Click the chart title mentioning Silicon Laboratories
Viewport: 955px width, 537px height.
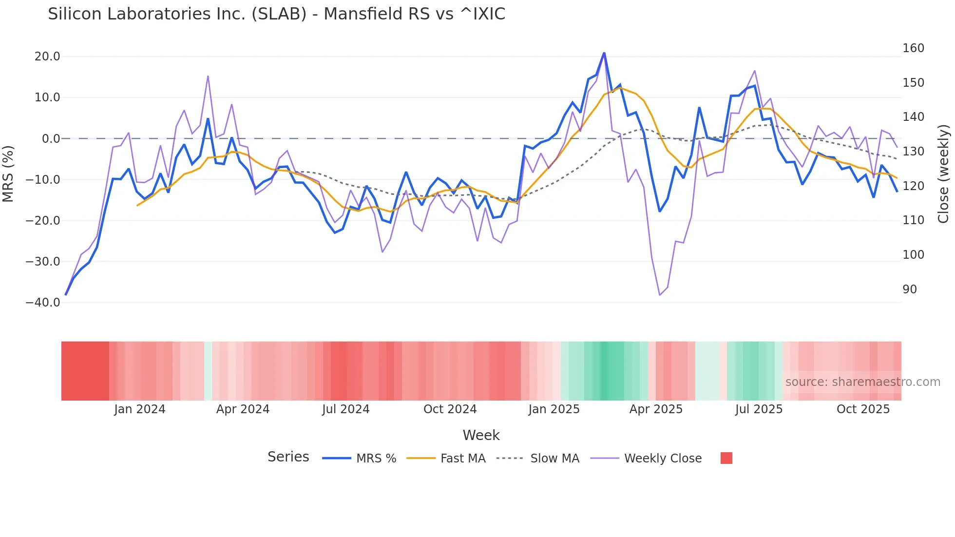pos(276,14)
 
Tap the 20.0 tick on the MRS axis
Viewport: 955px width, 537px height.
pos(47,57)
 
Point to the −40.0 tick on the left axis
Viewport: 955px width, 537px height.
pos(43,303)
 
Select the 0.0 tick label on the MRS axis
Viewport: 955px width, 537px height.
pos(51,139)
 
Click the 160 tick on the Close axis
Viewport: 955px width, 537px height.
pos(913,48)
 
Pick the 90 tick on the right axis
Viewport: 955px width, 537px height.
pos(910,289)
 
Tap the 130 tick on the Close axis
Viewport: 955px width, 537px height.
pos(913,152)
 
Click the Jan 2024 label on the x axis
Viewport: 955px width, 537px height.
pos(140,409)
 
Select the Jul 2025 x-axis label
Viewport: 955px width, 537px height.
pos(759,409)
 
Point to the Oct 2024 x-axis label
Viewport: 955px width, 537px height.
pos(450,409)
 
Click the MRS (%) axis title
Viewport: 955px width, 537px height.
pos(8,173)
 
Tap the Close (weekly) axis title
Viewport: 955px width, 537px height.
pos(943,174)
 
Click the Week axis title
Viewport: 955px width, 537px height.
pos(481,435)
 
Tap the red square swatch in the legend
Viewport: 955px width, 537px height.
pos(726,458)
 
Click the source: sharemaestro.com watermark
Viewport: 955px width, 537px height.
pos(862,382)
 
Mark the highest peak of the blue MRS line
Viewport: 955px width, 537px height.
pos(604,53)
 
